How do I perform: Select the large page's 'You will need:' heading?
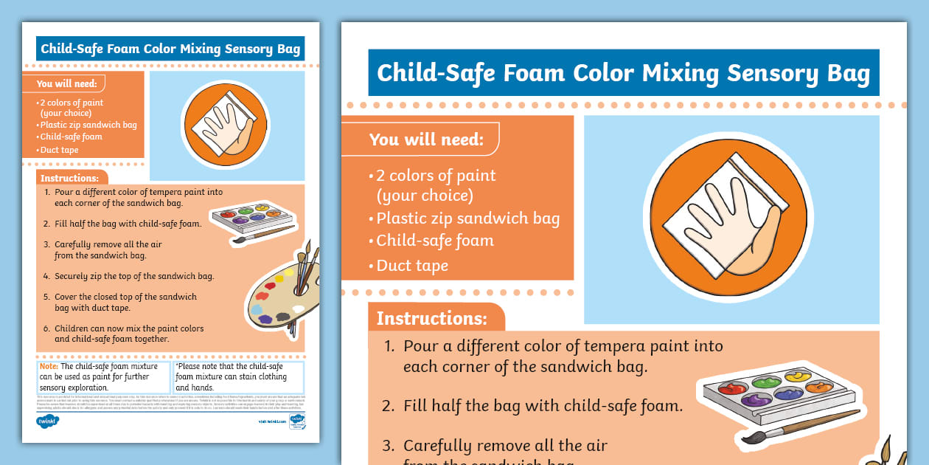[426, 139]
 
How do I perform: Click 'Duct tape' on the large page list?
[412, 266]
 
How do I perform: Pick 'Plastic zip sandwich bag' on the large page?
[468, 218]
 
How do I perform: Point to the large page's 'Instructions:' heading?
[432, 319]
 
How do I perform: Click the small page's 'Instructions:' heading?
[69, 178]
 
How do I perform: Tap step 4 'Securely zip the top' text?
[134, 276]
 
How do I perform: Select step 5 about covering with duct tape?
[125, 302]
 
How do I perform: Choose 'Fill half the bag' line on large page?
[543, 405]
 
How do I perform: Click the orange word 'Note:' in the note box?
[49, 366]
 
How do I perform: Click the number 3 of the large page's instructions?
[389, 446]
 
